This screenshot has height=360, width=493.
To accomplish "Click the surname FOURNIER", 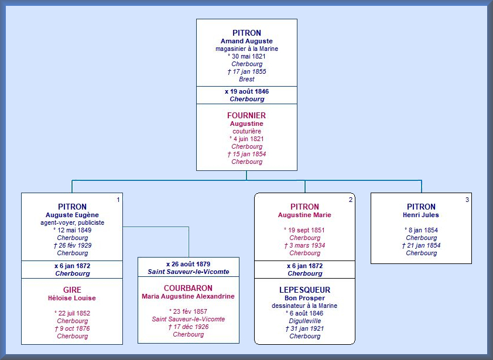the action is click(x=246, y=115).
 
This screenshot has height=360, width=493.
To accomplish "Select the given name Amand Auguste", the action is click(x=246, y=41).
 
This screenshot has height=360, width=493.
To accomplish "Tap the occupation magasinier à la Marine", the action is click(x=247, y=49).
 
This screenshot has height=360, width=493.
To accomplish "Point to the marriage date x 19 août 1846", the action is click(x=247, y=91).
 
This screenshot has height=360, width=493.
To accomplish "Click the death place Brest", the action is click(x=247, y=79).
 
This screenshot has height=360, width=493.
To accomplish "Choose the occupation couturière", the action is click(x=247, y=132).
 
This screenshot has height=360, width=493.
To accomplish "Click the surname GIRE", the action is click(x=72, y=290).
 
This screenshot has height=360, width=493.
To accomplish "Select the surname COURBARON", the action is click(x=188, y=288).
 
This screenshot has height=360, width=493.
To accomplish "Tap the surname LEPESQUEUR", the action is click(x=304, y=290).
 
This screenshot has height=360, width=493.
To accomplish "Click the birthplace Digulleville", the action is click(x=305, y=321).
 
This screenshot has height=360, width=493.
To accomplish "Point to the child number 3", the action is click(x=467, y=200).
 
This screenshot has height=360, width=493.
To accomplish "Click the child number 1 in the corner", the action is click(x=118, y=200).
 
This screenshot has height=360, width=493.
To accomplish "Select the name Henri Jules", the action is click(x=420, y=215).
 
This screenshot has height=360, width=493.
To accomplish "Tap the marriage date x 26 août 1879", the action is click(x=189, y=264).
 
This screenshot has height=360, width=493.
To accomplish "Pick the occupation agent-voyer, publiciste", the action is click(x=73, y=222).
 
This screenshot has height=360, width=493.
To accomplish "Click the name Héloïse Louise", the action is click(x=72, y=298).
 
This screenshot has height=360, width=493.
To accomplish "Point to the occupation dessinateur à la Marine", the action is click(x=304, y=306).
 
